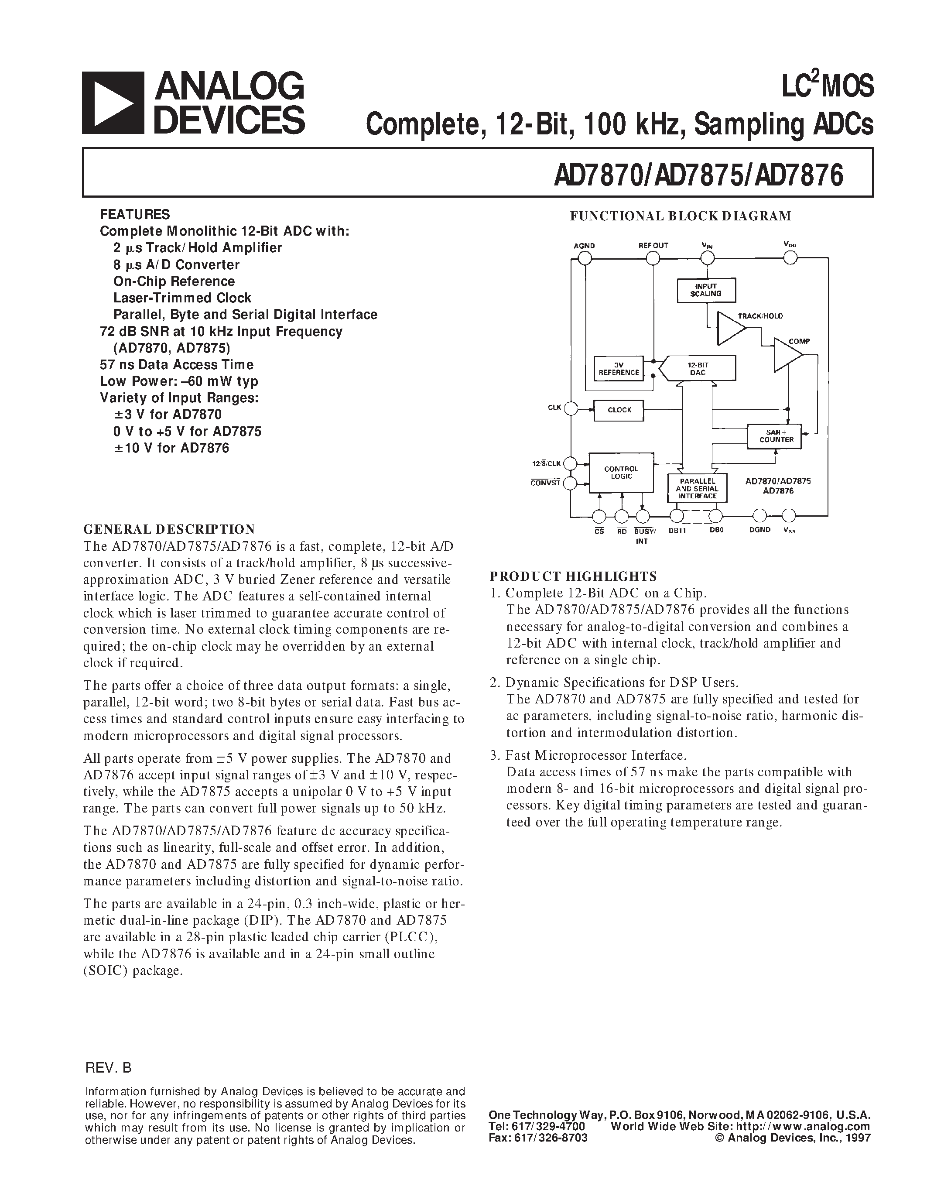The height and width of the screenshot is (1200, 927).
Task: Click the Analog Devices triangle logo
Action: pos(113,103)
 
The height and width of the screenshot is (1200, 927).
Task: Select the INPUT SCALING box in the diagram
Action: pos(706,290)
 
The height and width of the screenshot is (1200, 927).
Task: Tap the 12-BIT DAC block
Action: pos(698,369)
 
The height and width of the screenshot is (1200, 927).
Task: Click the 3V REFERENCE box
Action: pos(619,369)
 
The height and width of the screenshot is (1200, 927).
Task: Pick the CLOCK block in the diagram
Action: pos(619,410)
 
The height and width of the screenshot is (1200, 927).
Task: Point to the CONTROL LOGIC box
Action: pos(621,473)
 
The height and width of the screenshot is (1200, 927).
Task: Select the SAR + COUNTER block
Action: pos(774,436)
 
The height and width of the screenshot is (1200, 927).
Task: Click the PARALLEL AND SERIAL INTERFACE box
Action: pos(697,488)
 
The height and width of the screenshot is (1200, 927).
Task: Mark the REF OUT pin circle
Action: pos(653,258)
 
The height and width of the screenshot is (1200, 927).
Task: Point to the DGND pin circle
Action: pos(759,515)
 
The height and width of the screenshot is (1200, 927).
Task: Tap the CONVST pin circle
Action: pos(571,483)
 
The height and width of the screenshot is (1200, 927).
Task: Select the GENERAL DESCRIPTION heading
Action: pos(169,529)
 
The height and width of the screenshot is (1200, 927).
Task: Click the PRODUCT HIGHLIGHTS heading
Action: pos(573,576)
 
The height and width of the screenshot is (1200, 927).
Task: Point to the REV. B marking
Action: pos(108,1068)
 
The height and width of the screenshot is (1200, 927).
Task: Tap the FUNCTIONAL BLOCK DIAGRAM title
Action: pos(680,216)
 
